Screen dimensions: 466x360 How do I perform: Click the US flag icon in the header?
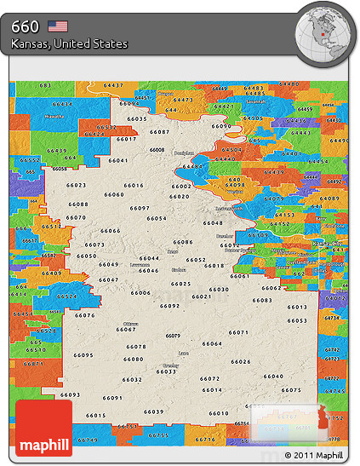coord(58,26)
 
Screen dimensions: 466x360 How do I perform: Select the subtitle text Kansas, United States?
coord(70,43)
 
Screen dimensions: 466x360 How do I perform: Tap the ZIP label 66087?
coord(159,132)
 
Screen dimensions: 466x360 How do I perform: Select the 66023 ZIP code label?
coord(76,185)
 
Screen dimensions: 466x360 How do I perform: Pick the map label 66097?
coord(140,209)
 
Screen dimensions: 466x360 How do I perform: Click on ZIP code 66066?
coord(110,231)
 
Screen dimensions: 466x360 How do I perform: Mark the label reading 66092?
coord(169,306)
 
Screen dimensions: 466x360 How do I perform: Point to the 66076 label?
coord(85,315)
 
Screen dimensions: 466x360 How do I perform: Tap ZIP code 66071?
coord(238,332)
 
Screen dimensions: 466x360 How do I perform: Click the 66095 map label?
coord(83,354)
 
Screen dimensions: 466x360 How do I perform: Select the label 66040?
coord(273,376)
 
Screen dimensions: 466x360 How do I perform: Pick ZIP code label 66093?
coord(70,394)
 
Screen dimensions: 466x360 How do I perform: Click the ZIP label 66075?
coord(291,390)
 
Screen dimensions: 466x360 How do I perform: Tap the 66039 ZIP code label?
coord(153,411)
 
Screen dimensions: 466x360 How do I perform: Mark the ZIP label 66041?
coord(118,160)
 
